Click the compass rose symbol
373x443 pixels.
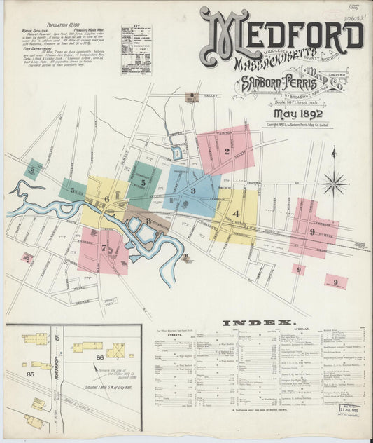tap(335, 184)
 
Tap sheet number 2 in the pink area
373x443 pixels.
tap(226, 151)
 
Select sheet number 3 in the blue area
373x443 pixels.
tap(192, 191)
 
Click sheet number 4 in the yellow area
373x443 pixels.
tap(236, 214)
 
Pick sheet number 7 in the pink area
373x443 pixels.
tap(104, 247)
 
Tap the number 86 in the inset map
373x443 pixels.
tap(99, 358)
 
